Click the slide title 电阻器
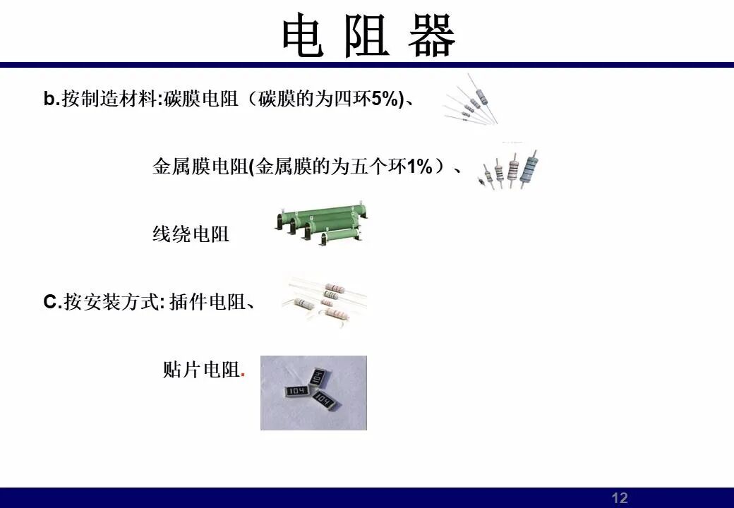(368, 35)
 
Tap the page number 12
(620, 497)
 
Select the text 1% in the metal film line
(419, 167)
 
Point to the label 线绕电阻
(191, 234)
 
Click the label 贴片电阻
(201, 370)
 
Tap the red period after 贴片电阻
(243, 375)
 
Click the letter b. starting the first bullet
(52, 99)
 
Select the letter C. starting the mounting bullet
(52, 302)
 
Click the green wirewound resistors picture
(321, 224)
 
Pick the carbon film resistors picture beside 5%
(471, 99)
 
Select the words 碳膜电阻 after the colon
(200, 99)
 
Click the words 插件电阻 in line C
(207, 302)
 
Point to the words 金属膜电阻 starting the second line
(200, 167)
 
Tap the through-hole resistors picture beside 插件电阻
(324, 300)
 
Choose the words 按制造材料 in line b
(109, 99)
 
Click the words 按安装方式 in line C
(112, 302)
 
